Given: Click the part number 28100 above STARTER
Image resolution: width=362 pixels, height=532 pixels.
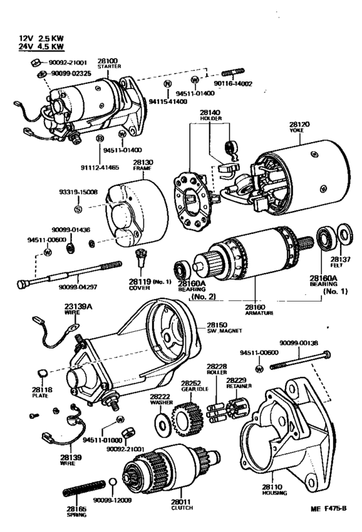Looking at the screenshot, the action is [x=108, y=61].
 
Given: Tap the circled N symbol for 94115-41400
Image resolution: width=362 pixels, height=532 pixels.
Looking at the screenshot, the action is [x=167, y=83].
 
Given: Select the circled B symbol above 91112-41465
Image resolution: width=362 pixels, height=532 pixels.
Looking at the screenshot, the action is [x=100, y=138].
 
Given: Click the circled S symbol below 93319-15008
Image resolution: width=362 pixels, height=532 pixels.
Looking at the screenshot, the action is [x=78, y=209].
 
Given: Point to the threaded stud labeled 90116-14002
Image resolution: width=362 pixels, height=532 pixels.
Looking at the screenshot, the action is [x=233, y=72].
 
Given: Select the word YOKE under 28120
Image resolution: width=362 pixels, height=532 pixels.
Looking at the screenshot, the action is [x=297, y=130].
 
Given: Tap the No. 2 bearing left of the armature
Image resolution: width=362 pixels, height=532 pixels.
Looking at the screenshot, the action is [x=181, y=270].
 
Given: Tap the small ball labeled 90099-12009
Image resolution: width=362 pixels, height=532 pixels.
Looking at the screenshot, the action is [x=113, y=482].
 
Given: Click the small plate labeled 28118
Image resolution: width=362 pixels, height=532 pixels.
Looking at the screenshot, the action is [x=41, y=373].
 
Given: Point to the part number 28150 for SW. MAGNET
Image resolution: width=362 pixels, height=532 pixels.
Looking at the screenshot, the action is [x=217, y=325].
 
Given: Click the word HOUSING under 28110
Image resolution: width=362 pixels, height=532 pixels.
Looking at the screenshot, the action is [x=274, y=493].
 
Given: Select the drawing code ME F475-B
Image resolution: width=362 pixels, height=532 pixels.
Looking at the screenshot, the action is [x=329, y=509].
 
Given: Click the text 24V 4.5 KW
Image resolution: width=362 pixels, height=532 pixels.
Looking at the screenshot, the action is [x=41, y=46].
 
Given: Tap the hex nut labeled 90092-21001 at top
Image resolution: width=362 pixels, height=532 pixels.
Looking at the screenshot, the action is [x=36, y=63].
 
